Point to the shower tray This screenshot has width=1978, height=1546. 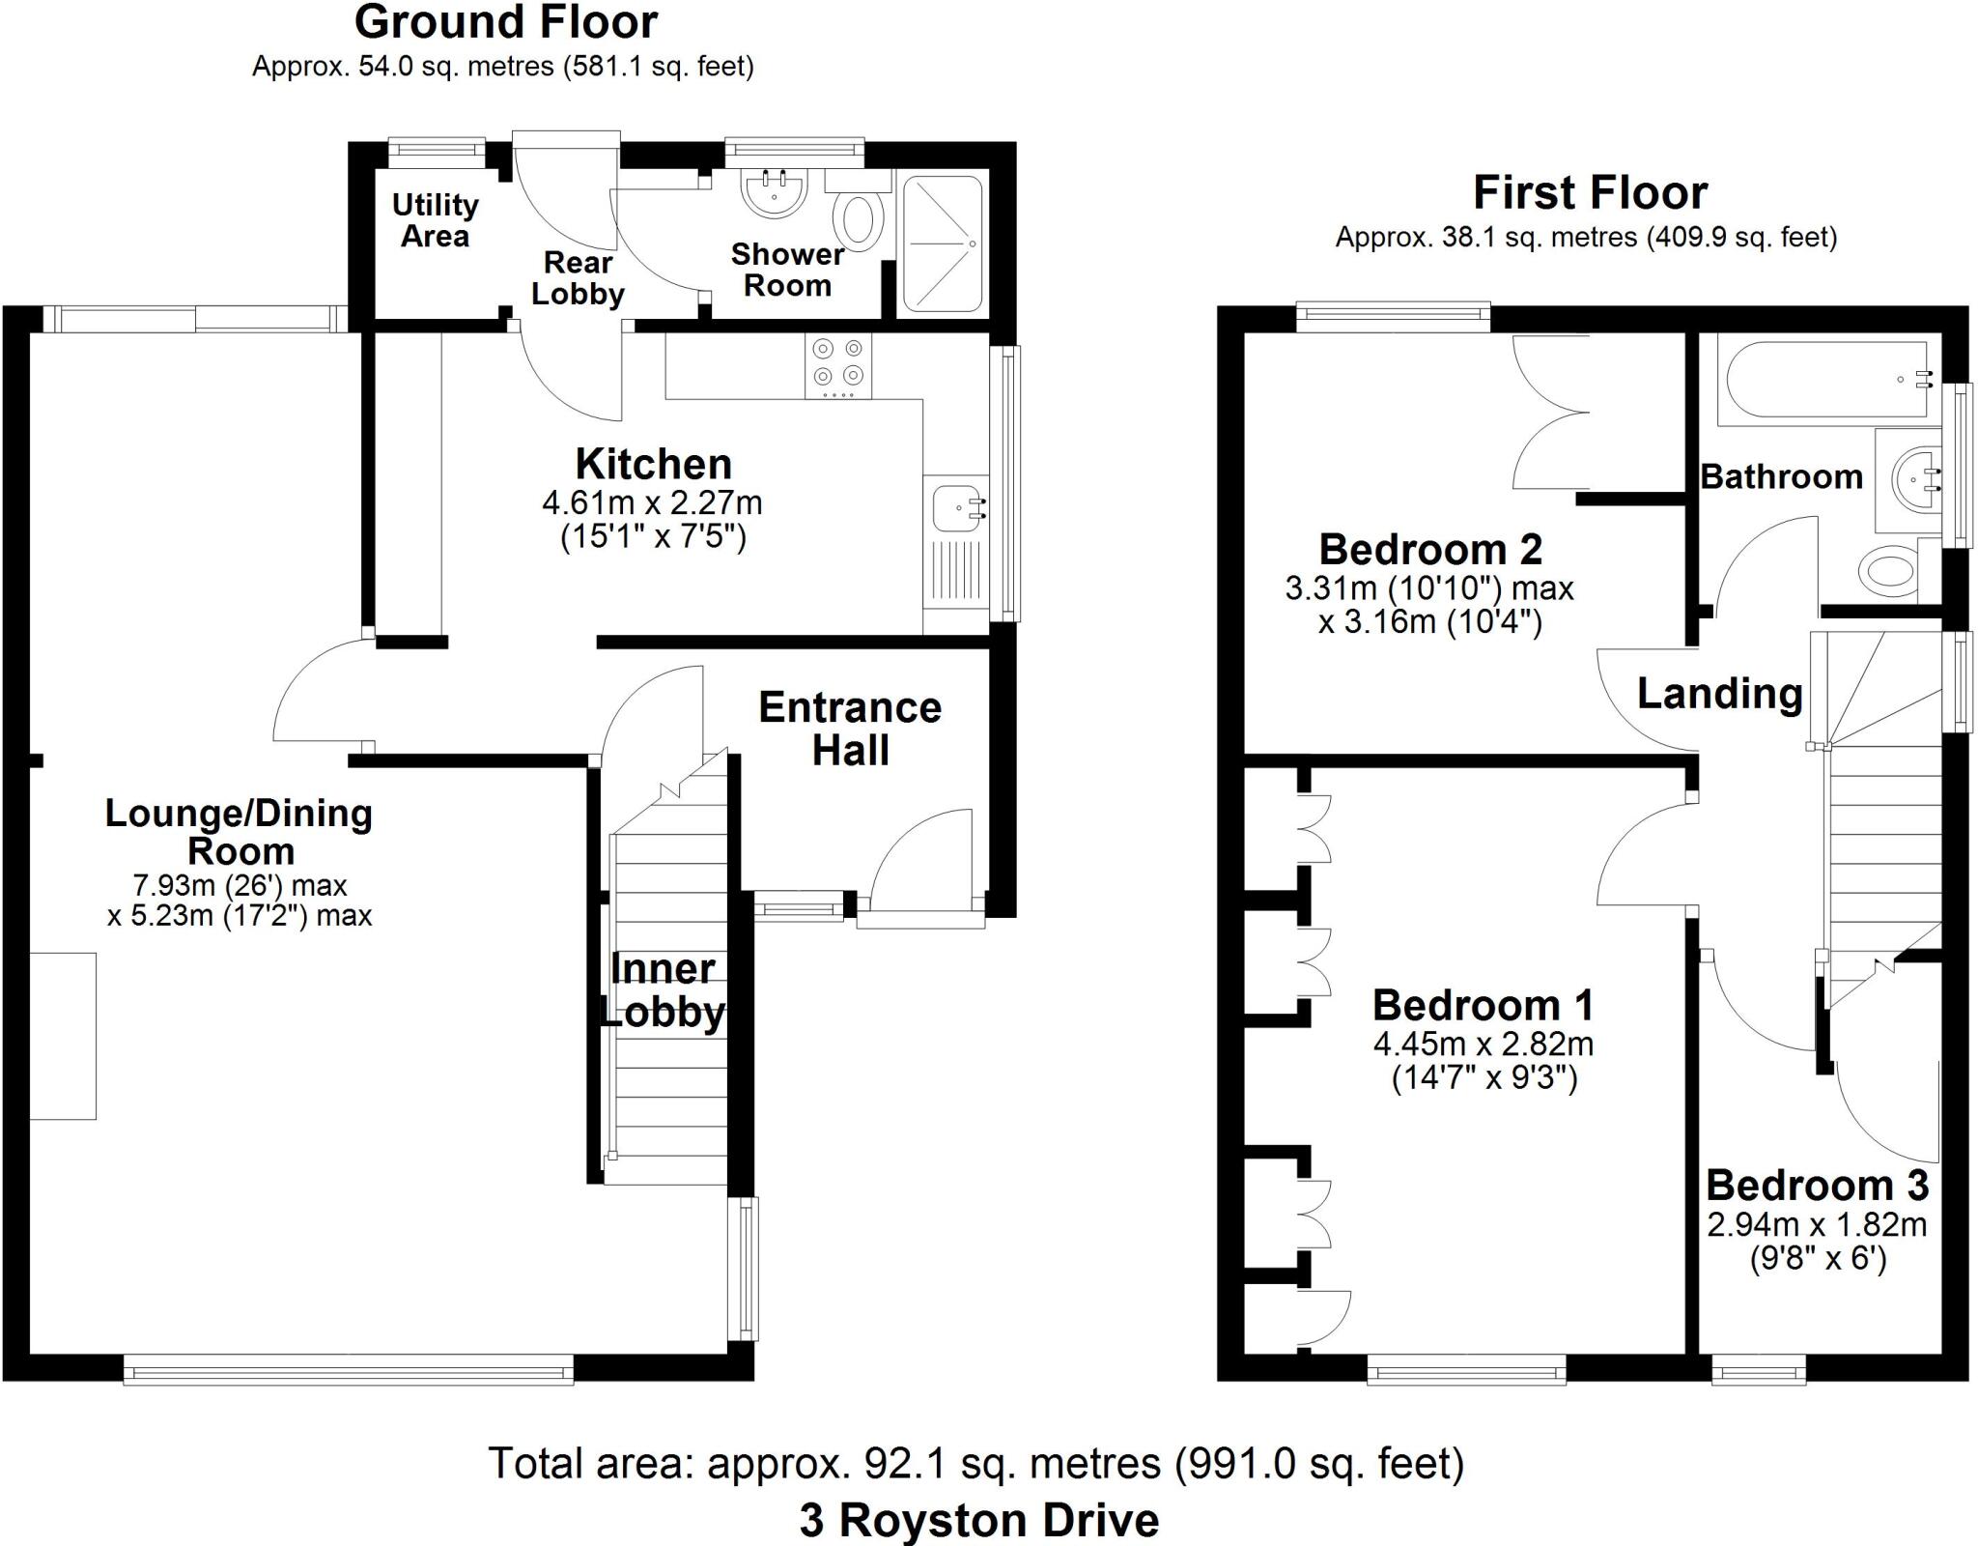943,243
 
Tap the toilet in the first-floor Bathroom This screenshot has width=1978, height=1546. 1888,570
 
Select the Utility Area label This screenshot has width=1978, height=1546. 435,220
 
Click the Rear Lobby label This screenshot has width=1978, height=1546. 578,277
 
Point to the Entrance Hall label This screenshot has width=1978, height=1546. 850,729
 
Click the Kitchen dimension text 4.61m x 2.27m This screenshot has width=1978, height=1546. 653,502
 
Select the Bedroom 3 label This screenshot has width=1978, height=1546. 1817,1185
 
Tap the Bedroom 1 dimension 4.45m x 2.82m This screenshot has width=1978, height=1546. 1483,1044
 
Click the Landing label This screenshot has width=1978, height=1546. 1719,693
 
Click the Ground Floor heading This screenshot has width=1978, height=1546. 505,22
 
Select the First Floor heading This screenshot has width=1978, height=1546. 1590,192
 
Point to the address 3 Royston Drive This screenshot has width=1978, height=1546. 978,1520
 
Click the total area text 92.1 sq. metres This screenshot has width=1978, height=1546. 975,1463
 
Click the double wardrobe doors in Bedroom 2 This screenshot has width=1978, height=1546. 1550,413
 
